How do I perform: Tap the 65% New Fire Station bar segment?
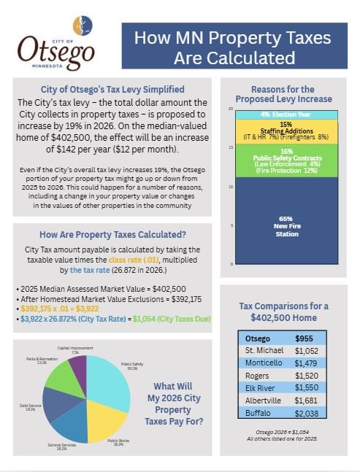pos(286,223)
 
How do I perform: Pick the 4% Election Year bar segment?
pos(286,115)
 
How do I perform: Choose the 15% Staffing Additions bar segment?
pos(286,131)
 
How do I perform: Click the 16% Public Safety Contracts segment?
pos(286,161)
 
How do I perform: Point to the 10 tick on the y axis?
pos(231,186)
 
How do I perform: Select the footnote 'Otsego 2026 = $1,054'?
pos(287,433)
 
